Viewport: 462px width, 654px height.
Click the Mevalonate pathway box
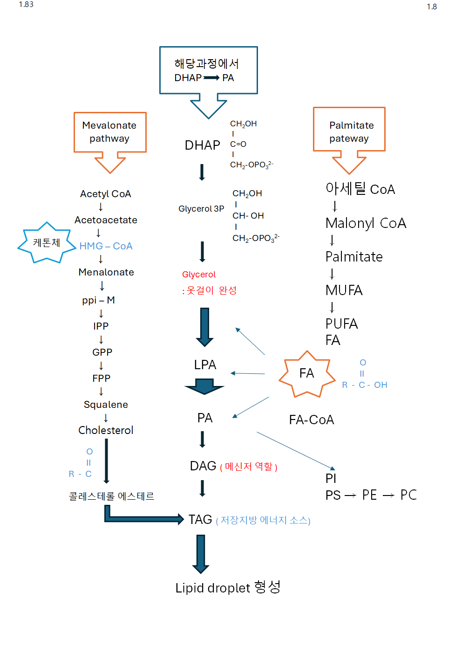pyautogui.click(x=110, y=132)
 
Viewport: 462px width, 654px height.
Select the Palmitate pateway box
pyautogui.click(x=349, y=130)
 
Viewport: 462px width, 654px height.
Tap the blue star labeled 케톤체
pyautogui.click(x=46, y=243)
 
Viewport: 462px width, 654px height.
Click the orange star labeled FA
pyautogui.click(x=306, y=373)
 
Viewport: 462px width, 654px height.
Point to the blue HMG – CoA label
pyautogui.click(x=106, y=246)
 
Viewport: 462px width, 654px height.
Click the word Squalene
pyautogui.click(x=106, y=405)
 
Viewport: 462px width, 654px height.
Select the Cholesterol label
pyautogui.click(x=106, y=430)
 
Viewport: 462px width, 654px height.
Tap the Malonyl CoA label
pyautogui.click(x=366, y=223)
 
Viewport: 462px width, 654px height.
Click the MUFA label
pyautogui.click(x=344, y=290)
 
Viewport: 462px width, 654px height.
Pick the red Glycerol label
pyautogui.click(x=199, y=275)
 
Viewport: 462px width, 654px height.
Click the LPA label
pyautogui.click(x=205, y=365)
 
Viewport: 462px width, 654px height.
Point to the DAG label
pyautogui.click(x=203, y=466)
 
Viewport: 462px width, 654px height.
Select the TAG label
pyautogui.click(x=200, y=519)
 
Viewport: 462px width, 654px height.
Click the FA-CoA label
pyautogui.click(x=312, y=420)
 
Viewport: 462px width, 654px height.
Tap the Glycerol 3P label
pyautogui.click(x=201, y=209)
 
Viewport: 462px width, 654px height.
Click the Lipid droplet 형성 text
pyautogui.click(x=228, y=587)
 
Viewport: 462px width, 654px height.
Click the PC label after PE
pyautogui.click(x=408, y=495)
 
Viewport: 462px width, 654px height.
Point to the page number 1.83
pyautogui.click(x=26, y=5)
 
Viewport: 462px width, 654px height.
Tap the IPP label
pyautogui.click(x=101, y=326)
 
